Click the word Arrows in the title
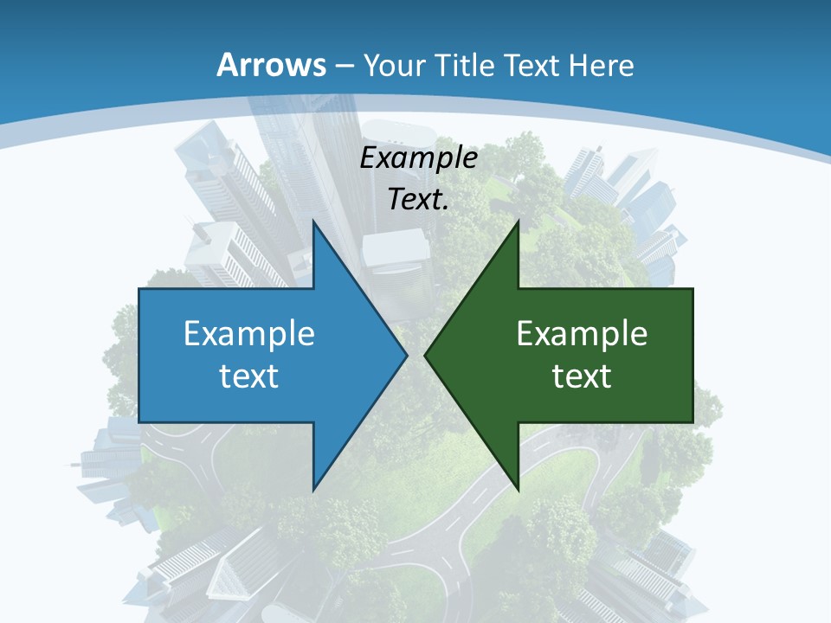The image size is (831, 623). pyautogui.click(x=271, y=65)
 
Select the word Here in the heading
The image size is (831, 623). pyautogui.click(x=601, y=65)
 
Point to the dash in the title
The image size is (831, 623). pyautogui.click(x=344, y=66)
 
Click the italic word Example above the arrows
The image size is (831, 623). pyautogui.click(x=419, y=158)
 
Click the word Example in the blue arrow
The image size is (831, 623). pyautogui.click(x=249, y=333)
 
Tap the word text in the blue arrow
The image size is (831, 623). pyautogui.click(x=249, y=376)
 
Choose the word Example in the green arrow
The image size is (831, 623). pyautogui.click(x=582, y=333)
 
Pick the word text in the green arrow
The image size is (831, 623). pyautogui.click(x=582, y=376)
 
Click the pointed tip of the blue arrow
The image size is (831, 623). pyautogui.click(x=407, y=355)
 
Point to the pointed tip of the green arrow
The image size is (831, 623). pyautogui.click(x=425, y=355)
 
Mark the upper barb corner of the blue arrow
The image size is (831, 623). pyautogui.click(x=313, y=221)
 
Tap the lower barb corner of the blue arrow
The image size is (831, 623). pyautogui.click(x=313, y=490)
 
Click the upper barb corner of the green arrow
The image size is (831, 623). pyautogui.click(x=518, y=221)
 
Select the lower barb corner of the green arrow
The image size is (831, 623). pyautogui.click(x=518, y=490)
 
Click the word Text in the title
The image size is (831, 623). pyautogui.click(x=531, y=65)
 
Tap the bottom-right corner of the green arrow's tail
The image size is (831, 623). pyautogui.click(x=692, y=422)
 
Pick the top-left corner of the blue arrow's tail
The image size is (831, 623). pyautogui.click(x=139, y=289)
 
